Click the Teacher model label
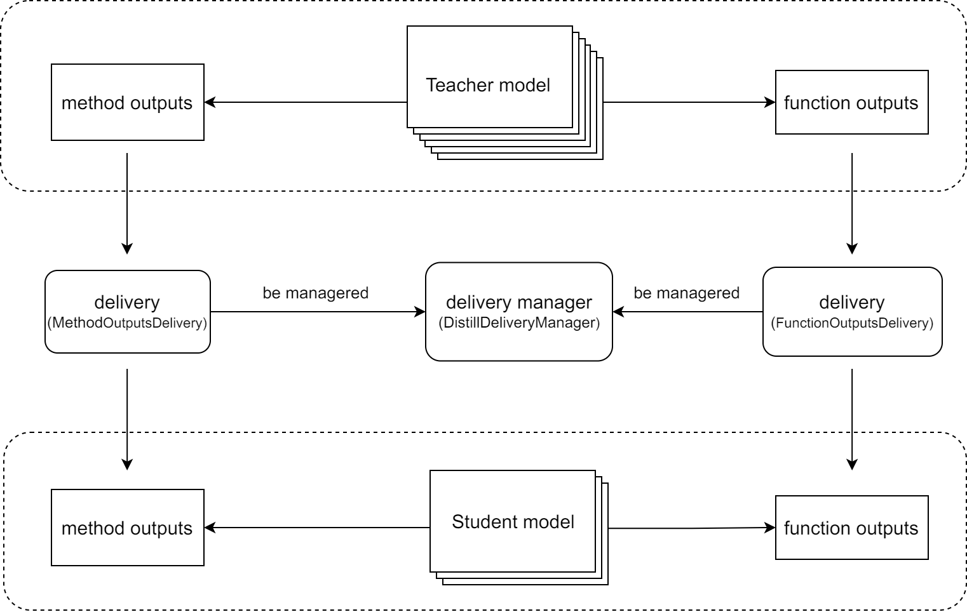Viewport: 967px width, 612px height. (x=488, y=85)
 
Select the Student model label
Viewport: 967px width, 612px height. (x=513, y=522)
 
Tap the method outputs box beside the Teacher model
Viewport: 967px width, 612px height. (x=127, y=102)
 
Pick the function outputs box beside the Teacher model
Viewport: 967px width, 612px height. (x=852, y=102)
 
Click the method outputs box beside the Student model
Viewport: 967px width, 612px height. (x=127, y=528)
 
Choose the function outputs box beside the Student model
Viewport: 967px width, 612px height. (x=852, y=528)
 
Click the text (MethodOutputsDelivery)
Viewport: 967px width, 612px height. (x=127, y=323)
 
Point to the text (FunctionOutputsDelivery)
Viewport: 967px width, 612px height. (x=852, y=323)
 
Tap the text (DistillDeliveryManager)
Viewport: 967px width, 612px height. (x=519, y=323)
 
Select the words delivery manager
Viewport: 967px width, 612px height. (x=519, y=302)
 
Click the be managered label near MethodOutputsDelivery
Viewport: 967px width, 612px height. (x=316, y=293)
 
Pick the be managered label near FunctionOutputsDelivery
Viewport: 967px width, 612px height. (x=686, y=293)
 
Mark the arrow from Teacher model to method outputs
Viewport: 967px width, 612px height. (x=306, y=102)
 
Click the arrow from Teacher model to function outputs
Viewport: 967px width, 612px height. (x=689, y=102)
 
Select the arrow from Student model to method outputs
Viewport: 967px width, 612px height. (x=317, y=528)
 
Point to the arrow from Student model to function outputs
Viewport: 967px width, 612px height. (x=692, y=528)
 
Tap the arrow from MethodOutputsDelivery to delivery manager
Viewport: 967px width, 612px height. (x=318, y=311)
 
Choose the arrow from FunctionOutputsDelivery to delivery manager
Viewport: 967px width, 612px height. (x=687, y=311)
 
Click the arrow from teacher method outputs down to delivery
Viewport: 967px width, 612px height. (x=127, y=204)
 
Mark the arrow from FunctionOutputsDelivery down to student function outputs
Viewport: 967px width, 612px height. (x=852, y=419)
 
